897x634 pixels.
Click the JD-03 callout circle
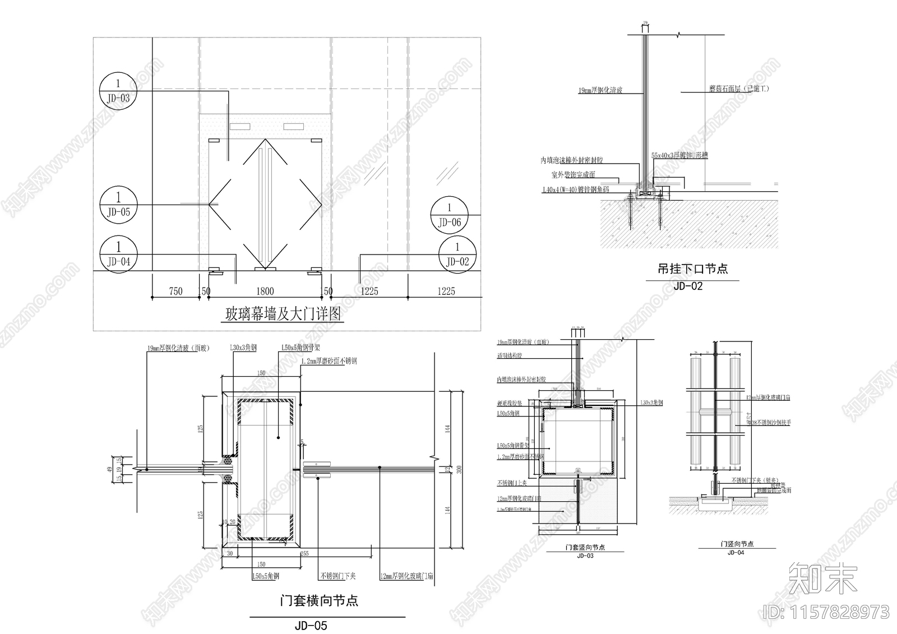pos(118,91)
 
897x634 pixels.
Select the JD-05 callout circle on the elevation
pos(118,205)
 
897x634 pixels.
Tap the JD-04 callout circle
pos(118,254)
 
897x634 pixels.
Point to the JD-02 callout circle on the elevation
pos(457,254)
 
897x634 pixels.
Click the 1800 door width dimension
pos(265,291)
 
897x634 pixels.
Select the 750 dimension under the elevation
pos(175,291)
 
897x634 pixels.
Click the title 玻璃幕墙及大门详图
pos(283,314)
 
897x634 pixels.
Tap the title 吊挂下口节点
pos(692,269)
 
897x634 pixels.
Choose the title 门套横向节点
pos(318,601)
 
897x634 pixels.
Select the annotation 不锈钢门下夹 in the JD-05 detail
pos(337,576)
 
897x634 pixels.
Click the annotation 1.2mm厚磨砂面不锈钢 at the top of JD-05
pos(329,362)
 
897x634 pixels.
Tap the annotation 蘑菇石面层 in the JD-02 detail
pos(739,89)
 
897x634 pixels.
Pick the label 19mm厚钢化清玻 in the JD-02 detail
pos(600,90)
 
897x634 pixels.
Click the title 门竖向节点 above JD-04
pos(737,544)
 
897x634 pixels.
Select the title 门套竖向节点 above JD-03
pos(585,548)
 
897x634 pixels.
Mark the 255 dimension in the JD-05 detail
pos(304,554)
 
